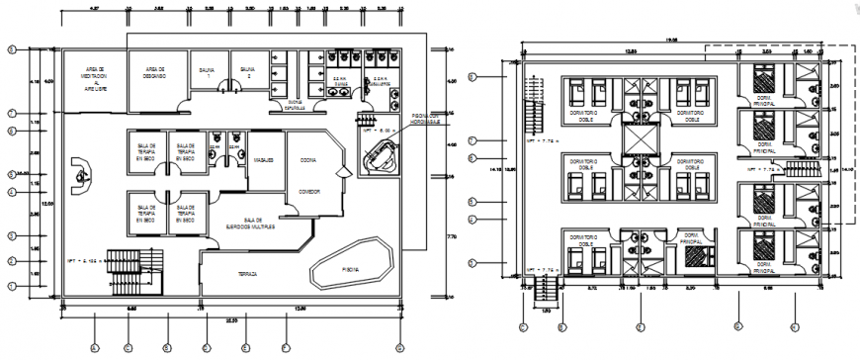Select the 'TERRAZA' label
233,274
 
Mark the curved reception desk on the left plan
78,177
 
